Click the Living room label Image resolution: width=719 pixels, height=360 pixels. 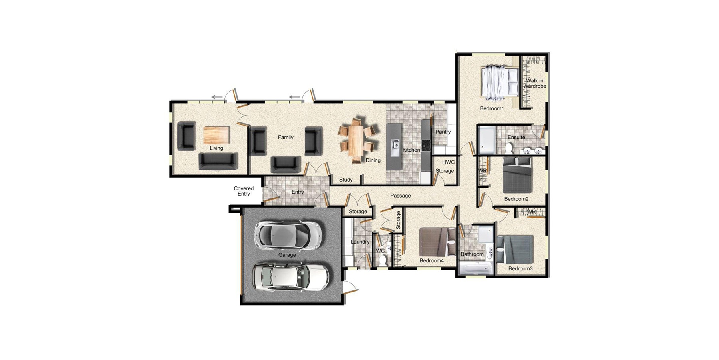pos(216,148)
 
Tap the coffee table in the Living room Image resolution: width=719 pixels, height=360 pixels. pos(217,135)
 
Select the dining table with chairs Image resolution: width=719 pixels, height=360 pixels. pos(357,140)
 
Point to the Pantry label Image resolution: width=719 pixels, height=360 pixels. pos(443,132)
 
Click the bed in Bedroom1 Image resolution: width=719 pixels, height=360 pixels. pos(499,82)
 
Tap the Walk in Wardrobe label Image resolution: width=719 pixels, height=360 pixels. pos(534,83)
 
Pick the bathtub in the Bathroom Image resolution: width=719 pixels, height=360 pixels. pos(475,269)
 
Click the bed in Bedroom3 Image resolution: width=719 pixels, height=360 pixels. pos(515,249)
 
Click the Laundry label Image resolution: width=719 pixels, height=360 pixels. pos(360,242)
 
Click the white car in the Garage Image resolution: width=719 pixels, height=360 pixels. pos(290,276)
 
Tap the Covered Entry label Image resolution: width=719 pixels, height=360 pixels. pos(244,191)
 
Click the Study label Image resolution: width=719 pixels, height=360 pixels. pos(346,180)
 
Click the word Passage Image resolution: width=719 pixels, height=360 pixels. pos(400,196)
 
